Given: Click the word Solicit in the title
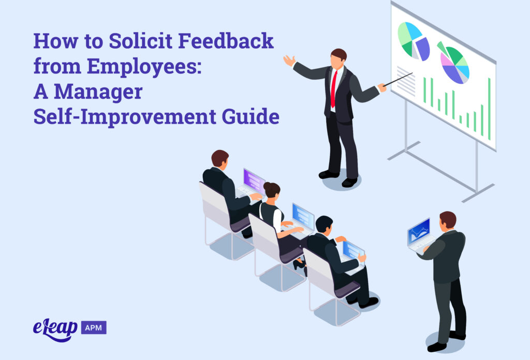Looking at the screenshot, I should click(134, 41).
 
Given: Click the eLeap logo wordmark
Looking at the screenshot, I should click(54, 327).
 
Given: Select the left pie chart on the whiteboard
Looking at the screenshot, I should click(413, 41).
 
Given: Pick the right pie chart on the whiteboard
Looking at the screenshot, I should click(454, 63).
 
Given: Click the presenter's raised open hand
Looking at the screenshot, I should click(289, 61).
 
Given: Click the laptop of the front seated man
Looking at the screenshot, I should click(353, 252).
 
